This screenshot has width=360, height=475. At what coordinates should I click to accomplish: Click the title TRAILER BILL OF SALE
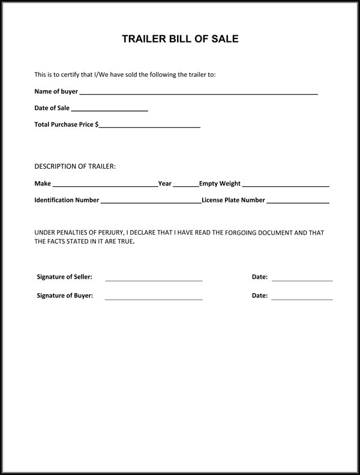[x=180, y=40]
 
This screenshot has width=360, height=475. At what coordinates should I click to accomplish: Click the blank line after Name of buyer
[x=198, y=94]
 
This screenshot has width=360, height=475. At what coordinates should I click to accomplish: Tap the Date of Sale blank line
[x=109, y=110]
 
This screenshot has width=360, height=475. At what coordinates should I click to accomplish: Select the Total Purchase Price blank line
[x=149, y=127]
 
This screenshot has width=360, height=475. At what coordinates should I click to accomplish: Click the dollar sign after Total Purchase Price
[x=97, y=125]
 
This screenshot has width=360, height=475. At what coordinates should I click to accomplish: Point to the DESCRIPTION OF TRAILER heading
[x=75, y=166]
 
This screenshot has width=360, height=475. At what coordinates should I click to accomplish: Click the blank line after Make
[x=104, y=186]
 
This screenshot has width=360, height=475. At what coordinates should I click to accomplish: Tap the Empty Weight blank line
[x=286, y=186]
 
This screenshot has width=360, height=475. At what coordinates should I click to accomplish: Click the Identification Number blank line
[x=151, y=203]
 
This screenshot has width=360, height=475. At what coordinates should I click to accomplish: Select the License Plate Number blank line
[x=298, y=203]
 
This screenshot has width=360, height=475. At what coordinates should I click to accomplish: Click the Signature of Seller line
[x=154, y=280]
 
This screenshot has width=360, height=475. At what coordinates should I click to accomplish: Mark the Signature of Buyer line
[x=154, y=298]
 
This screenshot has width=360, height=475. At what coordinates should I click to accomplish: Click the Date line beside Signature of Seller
[x=302, y=280]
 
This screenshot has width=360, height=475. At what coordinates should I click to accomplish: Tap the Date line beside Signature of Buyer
[x=302, y=298]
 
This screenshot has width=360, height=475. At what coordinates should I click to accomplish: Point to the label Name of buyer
[x=56, y=92]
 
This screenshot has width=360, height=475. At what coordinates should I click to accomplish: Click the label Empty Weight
[x=220, y=184]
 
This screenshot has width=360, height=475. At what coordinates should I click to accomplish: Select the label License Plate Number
[x=233, y=201]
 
